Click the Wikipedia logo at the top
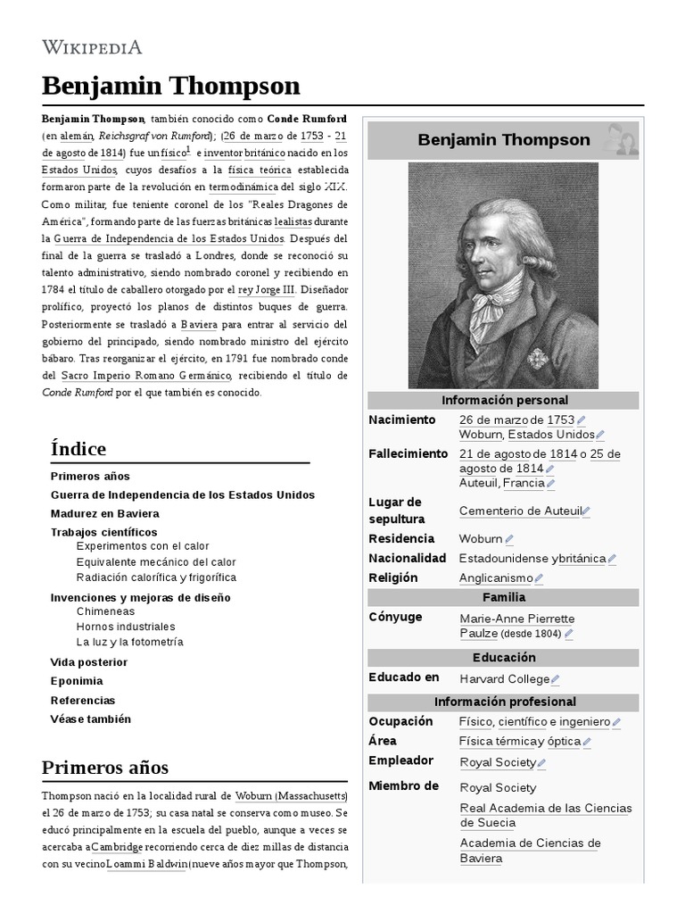tap(92, 47)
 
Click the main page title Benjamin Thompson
tap(171, 86)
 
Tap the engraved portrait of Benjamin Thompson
tap(503, 275)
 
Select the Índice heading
tap(78, 448)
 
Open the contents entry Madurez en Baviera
tap(105, 513)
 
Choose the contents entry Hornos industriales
tap(126, 627)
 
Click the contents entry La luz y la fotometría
tap(130, 642)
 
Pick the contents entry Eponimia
tap(77, 681)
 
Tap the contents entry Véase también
tap(91, 719)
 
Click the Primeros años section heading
tap(104, 768)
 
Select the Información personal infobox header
tap(503, 400)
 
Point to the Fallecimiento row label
tap(409, 453)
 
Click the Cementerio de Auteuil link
tap(519, 511)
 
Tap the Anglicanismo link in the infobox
tap(496, 577)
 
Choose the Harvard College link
tap(504, 678)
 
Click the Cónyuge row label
tap(395, 617)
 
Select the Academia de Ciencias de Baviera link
tap(530, 851)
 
